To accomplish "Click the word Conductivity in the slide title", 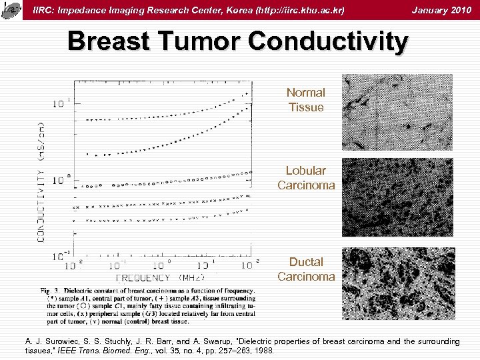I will coord(327,41).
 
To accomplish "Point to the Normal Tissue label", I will coord(305,100).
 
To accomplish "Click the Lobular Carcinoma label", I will coord(306,178).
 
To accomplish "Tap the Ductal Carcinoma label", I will coord(306,269).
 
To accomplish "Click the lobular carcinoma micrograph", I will coord(397,197).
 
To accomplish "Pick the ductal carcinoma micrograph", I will coord(397,283).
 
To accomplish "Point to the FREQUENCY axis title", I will coord(143,277).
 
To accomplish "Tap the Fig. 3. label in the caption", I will coord(51,291).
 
